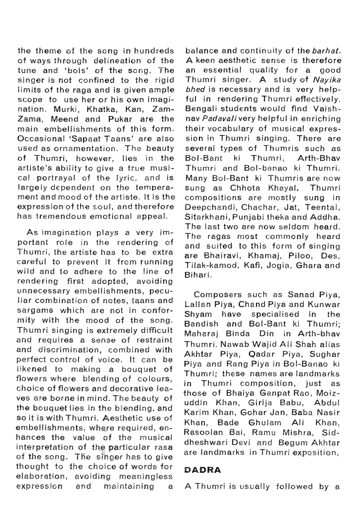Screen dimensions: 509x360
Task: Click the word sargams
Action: click(x=35, y=311)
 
